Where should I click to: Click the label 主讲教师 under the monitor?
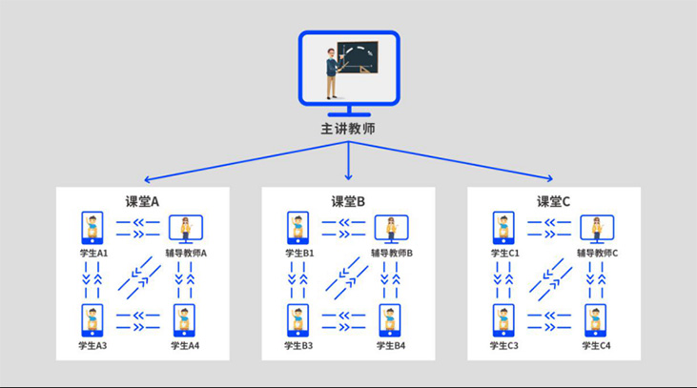(x=348, y=129)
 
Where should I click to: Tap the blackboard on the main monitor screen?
(x=358, y=57)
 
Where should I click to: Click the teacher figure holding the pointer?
(x=333, y=73)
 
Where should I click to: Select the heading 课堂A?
(x=142, y=202)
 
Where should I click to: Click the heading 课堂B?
(x=348, y=202)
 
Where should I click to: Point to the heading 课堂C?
(x=553, y=202)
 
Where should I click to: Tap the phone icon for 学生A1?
(x=92, y=228)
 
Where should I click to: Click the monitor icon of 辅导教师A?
(x=186, y=229)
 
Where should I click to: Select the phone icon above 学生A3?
(x=92, y=320)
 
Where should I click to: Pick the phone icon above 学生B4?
(x=390, y=320)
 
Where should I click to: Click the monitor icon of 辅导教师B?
(x=392, y=229)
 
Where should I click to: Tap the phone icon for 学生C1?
(x=503, y=228)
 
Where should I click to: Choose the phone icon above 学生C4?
(x=596, y=320)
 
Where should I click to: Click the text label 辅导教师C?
(x=598, y=254)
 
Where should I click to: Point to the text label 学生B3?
(x=298, y=346)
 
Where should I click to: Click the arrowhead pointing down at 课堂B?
(x=349, y=177)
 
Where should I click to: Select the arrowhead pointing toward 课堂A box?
(x=148, y=179)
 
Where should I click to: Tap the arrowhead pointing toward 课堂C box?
(x=550, y=178)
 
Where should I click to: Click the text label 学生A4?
(x=185, y=346)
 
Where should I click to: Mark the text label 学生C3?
(x=504, y=346)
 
